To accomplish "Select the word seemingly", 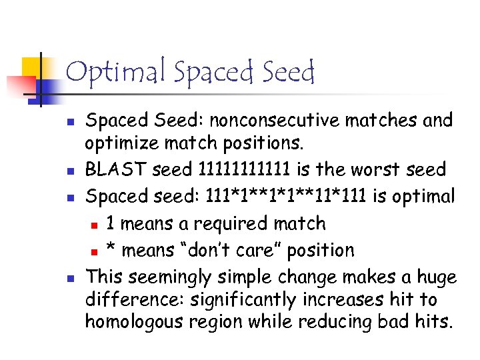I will [173, 277].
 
